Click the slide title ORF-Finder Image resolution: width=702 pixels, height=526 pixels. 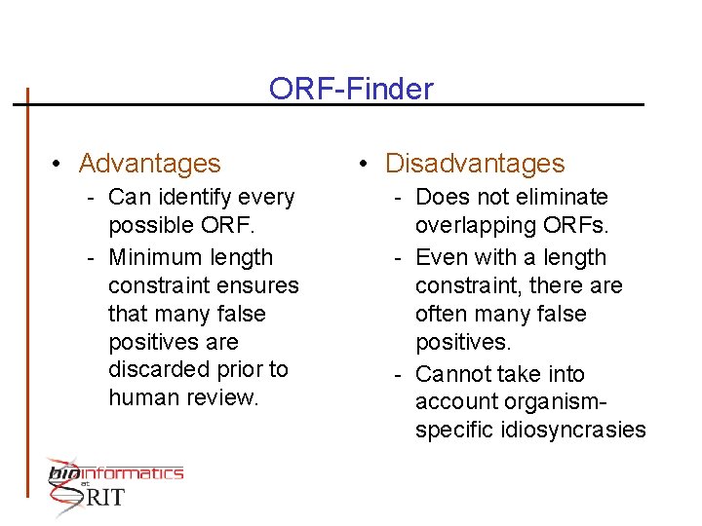coord(351,89)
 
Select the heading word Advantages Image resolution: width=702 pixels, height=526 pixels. coord(149,164)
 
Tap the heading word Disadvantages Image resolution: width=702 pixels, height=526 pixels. coord(475,164)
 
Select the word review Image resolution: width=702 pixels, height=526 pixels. coord(226,397)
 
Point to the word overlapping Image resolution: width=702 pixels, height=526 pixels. coord(471,225)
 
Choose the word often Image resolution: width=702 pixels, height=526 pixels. coord(443,314)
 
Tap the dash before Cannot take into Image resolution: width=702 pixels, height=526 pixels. coord(398,374)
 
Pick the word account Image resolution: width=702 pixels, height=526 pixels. coord(454,402)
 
